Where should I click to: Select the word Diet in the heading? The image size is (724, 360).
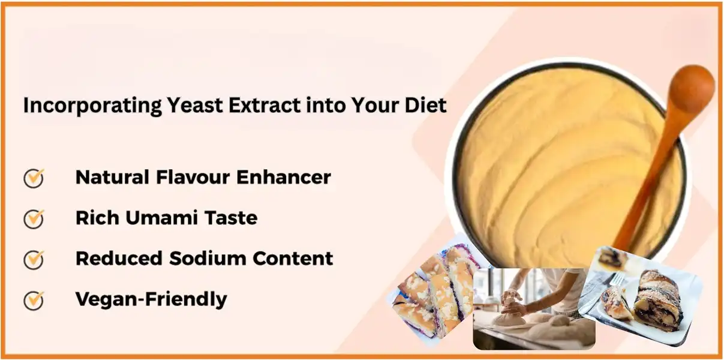427,106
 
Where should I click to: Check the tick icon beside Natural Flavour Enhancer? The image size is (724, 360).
34,178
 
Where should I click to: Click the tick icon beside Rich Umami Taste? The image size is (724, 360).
34,218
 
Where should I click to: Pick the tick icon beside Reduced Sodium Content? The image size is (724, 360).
34,259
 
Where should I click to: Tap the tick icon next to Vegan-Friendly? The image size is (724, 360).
34,299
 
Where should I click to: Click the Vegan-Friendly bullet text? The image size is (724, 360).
151,299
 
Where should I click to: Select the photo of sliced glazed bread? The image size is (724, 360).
434,294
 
